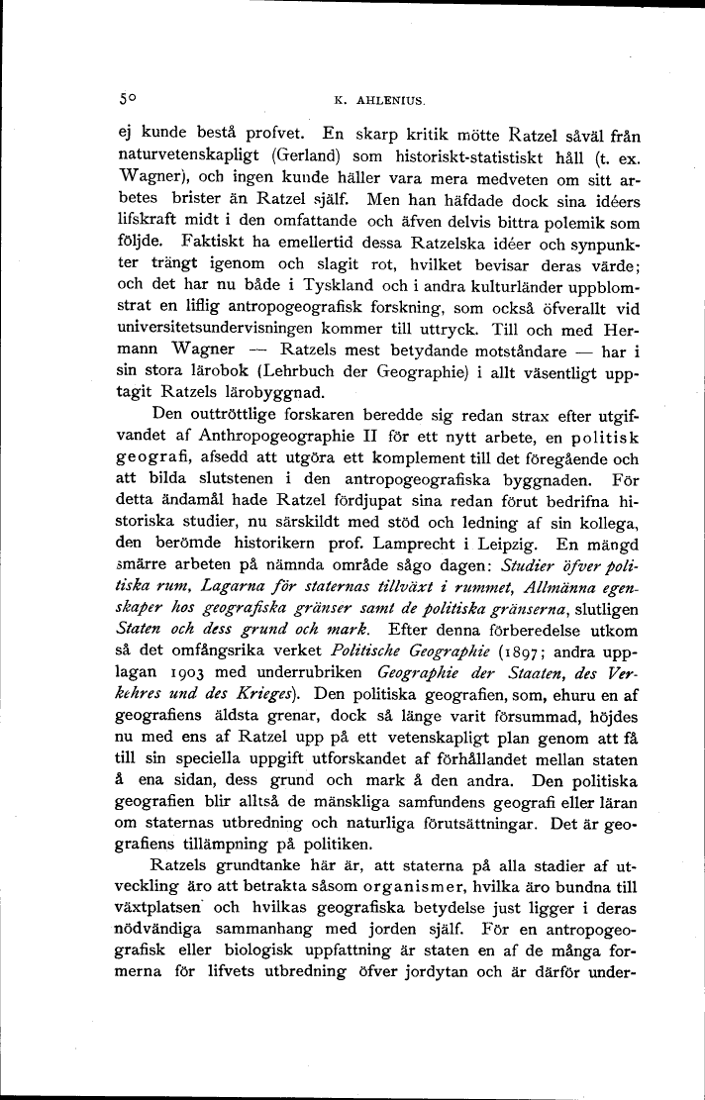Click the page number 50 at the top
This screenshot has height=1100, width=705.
click(x=125, y=99)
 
